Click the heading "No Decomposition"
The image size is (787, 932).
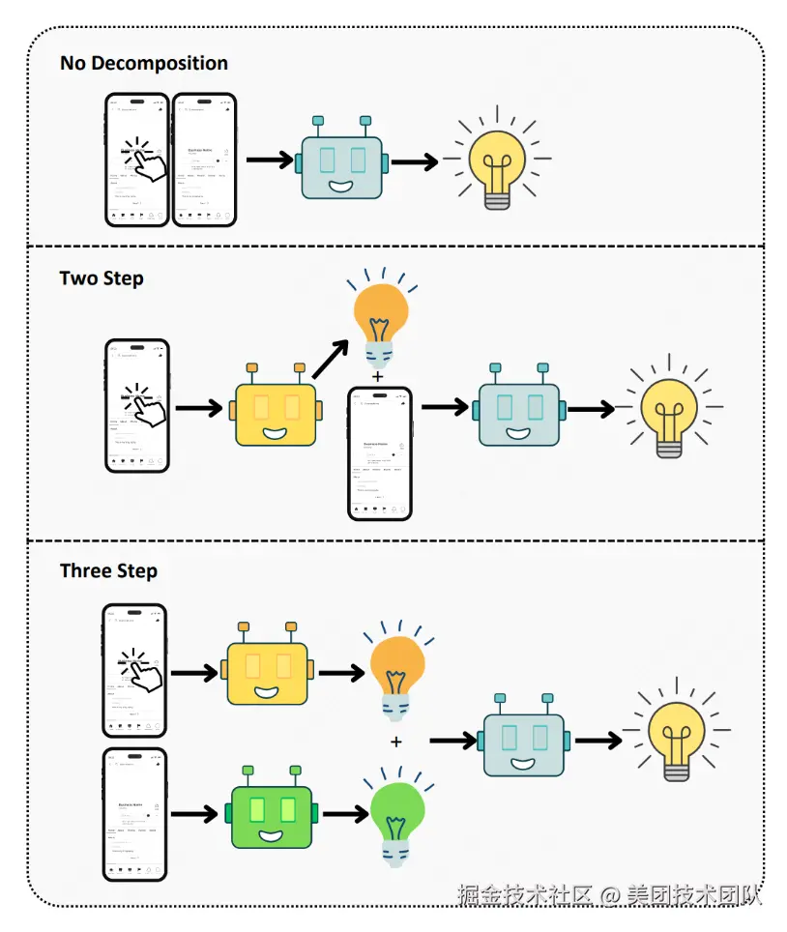[144, 64]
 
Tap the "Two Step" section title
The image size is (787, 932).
[102, 278]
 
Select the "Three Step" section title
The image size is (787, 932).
[108, 570]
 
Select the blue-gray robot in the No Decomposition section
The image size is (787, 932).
[342, 161]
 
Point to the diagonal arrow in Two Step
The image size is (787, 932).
[329, 360]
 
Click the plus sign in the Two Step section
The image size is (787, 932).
[376, 375]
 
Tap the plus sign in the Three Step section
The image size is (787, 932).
[395, 742]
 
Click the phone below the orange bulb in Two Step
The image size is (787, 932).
[380, 453]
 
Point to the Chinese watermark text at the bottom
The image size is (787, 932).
[610, 894]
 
